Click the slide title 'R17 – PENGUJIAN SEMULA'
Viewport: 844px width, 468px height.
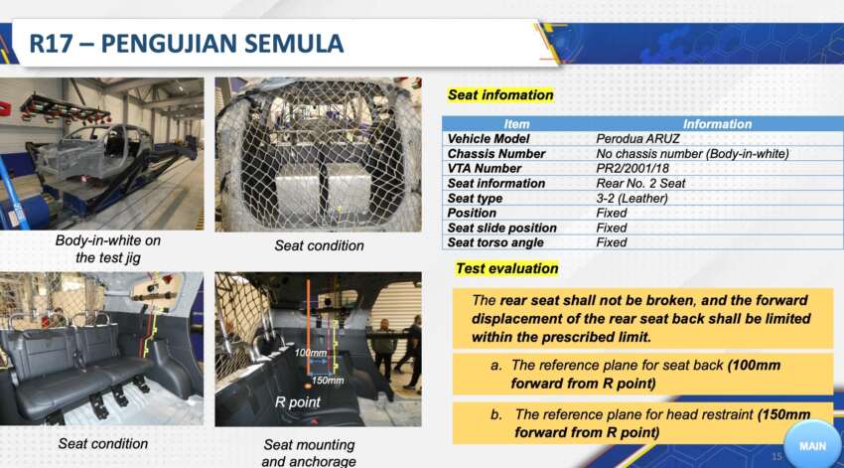[186, 44]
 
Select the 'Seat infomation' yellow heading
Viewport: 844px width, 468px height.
[499, 95]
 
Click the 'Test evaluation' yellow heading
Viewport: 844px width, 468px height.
[506, 268]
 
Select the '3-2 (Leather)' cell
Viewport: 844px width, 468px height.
[632, 199]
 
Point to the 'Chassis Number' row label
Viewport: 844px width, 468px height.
[496, 154]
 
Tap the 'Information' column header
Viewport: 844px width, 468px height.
[717, 124]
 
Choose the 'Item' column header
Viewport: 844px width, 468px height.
[516, 124]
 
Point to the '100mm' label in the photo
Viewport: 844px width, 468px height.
[310, 353]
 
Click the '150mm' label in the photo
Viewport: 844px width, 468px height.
[329, 380]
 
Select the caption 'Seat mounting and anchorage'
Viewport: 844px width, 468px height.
[308, 453]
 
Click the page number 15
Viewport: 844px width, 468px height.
[776, 456]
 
